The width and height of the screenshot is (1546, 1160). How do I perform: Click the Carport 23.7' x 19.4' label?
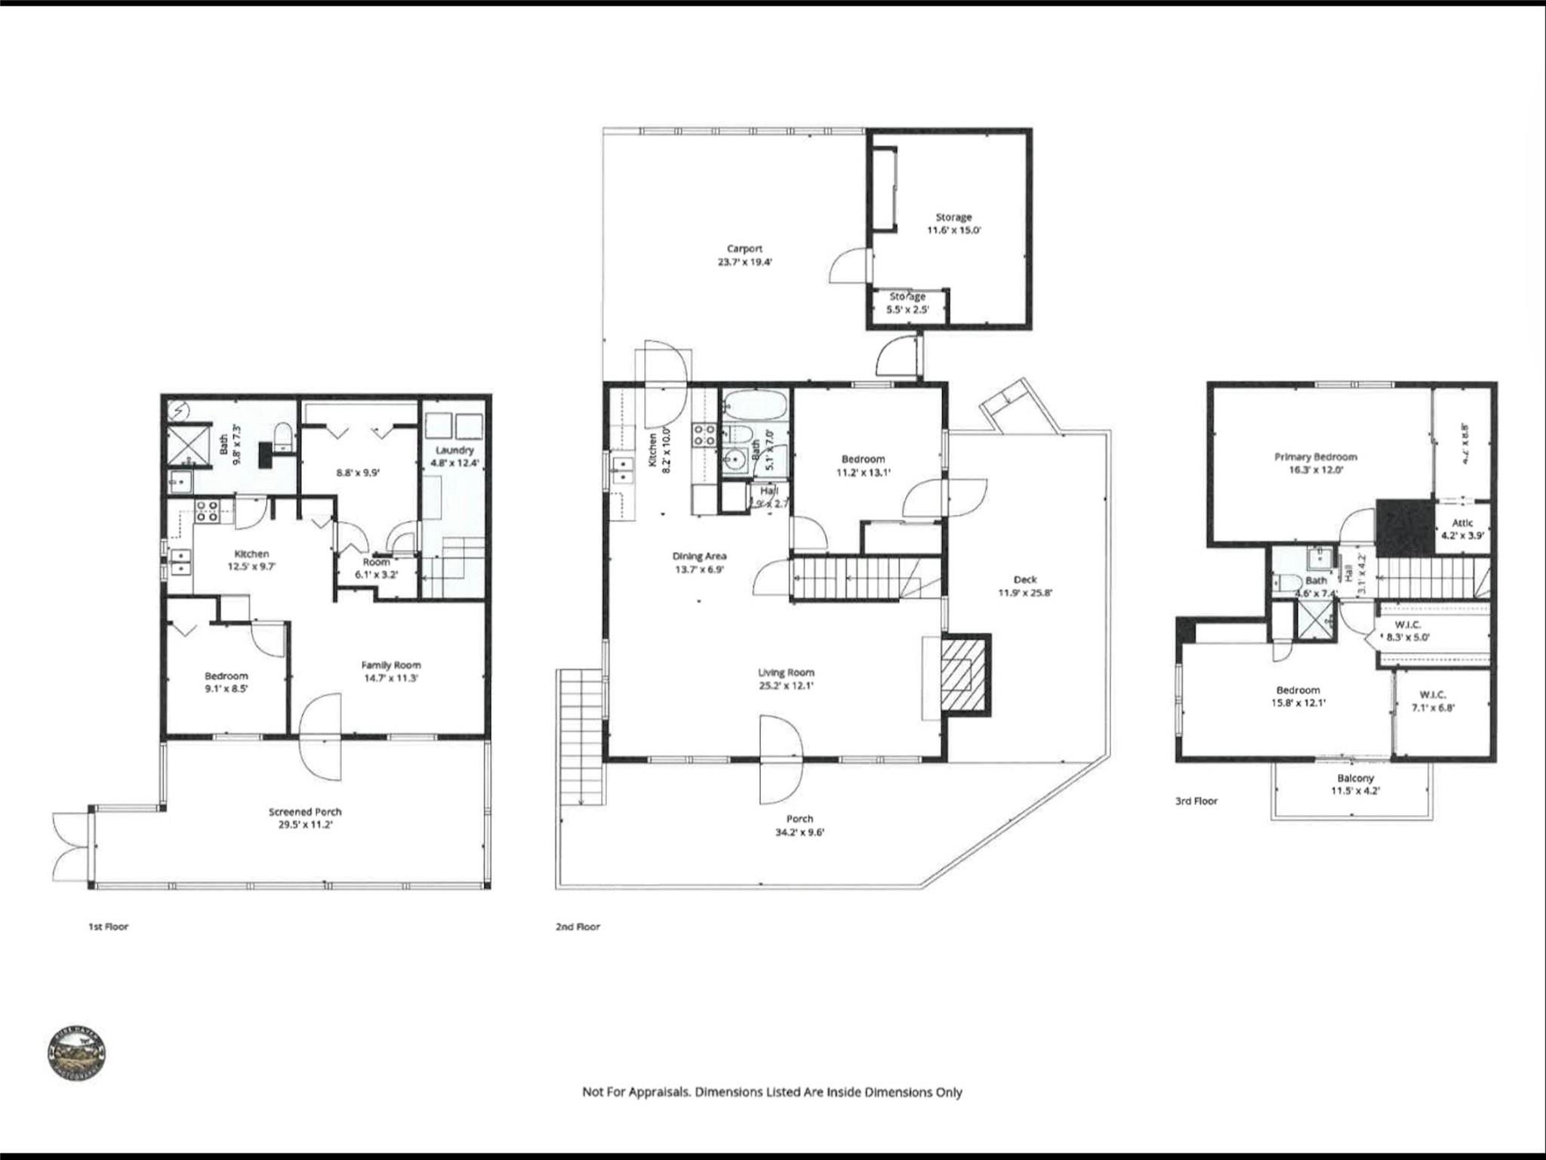(744, 255)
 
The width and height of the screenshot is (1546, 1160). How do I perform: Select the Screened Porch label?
(305, 818)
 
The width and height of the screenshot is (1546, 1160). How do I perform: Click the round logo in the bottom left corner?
(76, 1053)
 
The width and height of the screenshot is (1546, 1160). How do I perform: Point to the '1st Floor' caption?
(108, 927)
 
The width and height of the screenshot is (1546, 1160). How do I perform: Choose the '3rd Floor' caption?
(1196, 801)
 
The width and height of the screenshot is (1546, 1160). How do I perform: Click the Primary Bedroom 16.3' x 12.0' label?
(1315, 463)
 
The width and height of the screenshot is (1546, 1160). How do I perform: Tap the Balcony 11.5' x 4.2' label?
(1355, 785)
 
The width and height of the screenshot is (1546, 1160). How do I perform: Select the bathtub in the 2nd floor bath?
(754, 405)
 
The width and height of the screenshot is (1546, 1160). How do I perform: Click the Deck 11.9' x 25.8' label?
(1024, 586)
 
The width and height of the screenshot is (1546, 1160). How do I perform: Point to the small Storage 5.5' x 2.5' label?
(907, 303)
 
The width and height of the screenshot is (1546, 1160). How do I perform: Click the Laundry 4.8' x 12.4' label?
(454, 456)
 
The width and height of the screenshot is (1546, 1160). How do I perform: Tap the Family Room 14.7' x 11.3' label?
(390, 671)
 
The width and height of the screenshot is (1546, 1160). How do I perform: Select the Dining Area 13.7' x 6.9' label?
(699, 563)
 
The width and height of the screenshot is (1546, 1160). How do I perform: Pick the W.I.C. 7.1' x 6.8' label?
(1432, 701)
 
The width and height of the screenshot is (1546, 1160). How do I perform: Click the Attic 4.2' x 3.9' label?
(1462, 529)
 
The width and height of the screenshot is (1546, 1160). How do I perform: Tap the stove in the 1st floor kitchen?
(208, 511)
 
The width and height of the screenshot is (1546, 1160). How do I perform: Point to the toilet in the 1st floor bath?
(283, 437)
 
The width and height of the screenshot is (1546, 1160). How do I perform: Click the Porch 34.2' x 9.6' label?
(799, 825)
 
